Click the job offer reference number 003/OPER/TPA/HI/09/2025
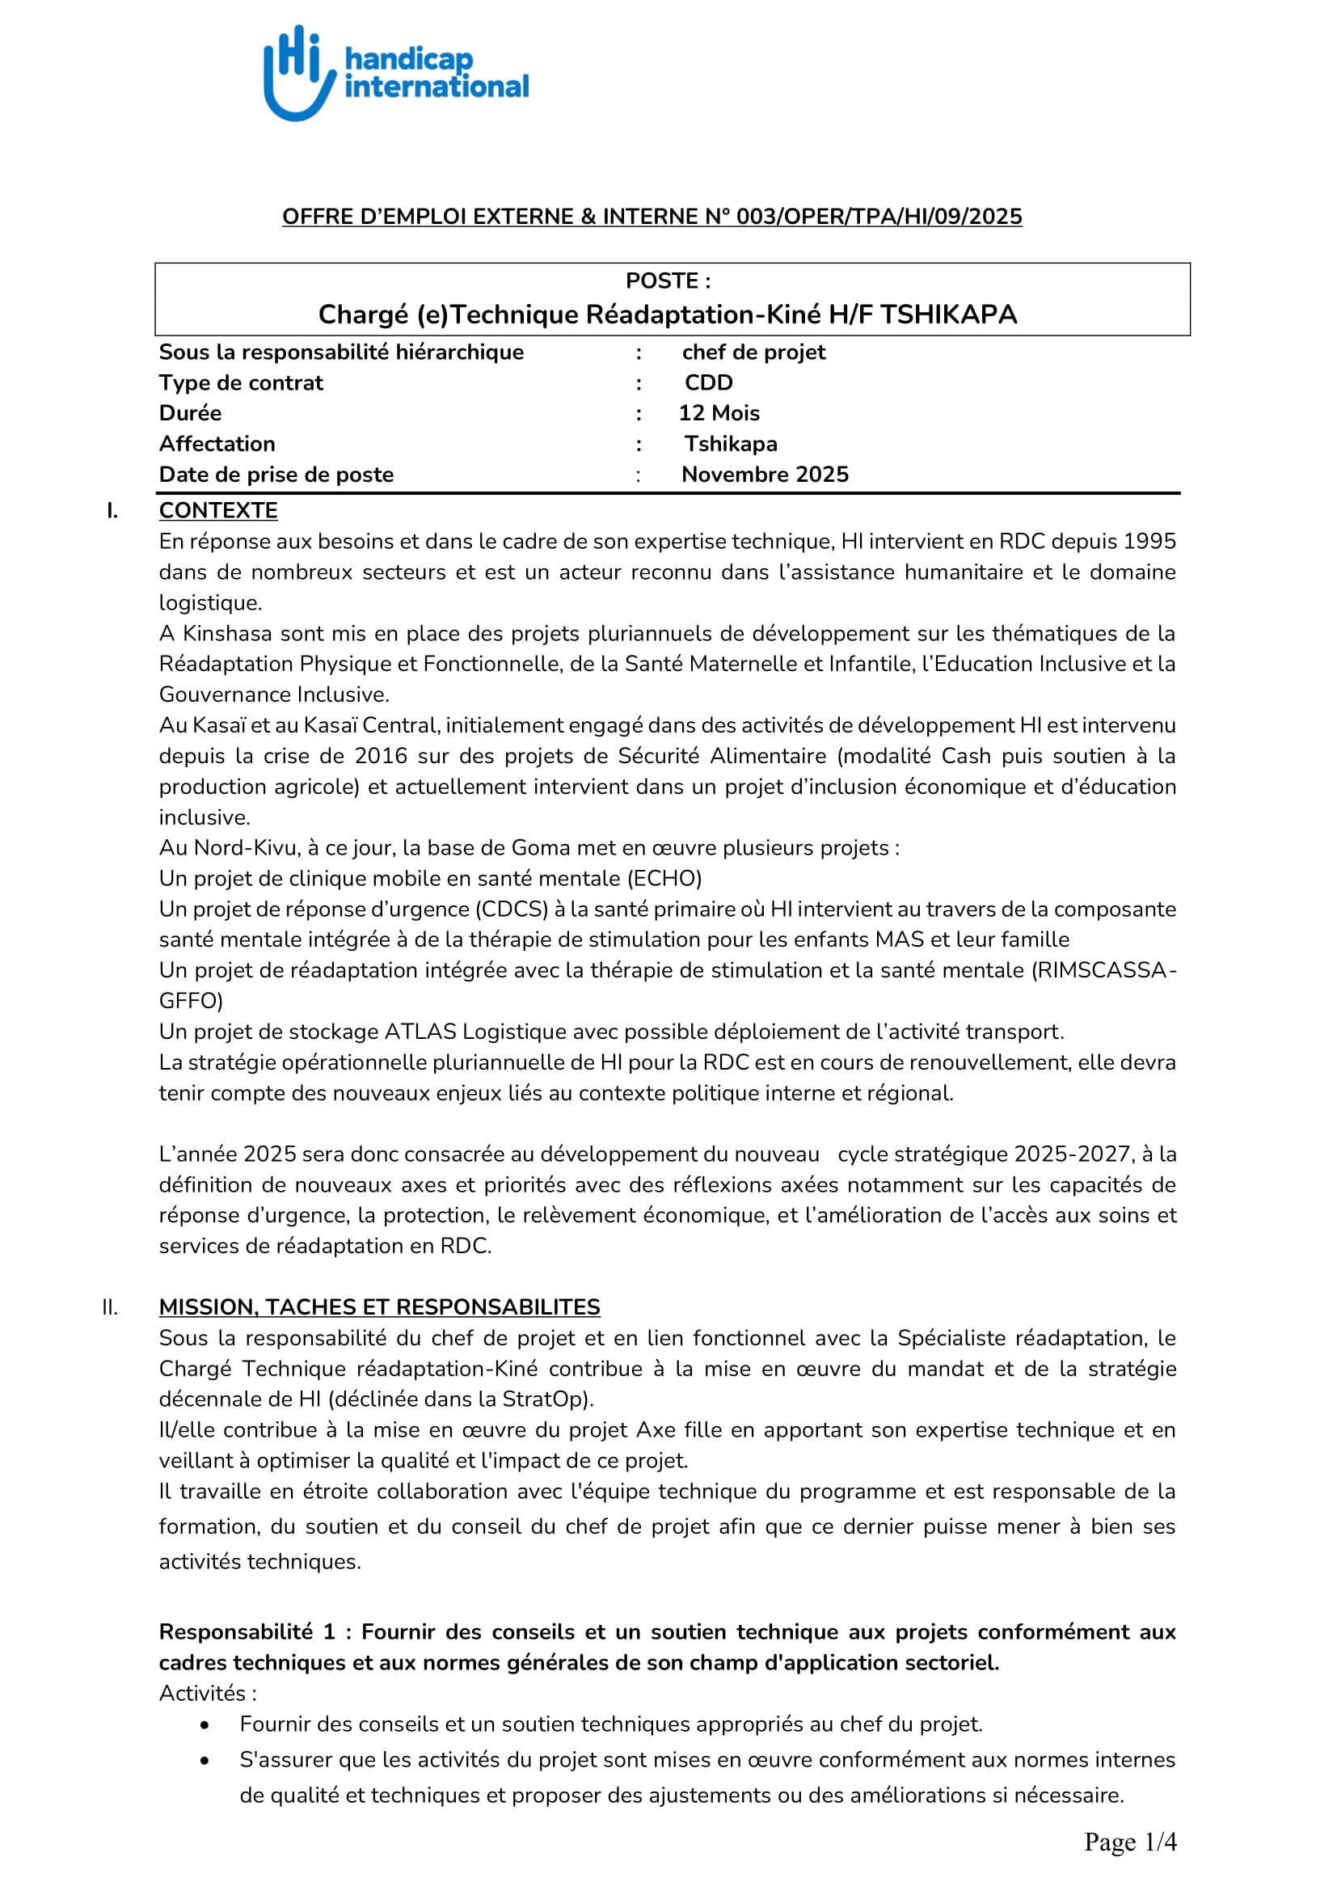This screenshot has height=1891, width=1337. click(879, 217)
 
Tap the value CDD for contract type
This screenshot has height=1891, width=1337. click(708, 383)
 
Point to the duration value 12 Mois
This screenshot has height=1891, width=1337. click(719, 413)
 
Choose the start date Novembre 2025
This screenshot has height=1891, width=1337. click(765, 475)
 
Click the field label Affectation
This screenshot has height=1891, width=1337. click(217, 444)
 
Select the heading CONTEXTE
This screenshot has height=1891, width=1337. click(218, 511)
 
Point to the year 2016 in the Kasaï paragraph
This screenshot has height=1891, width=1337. click(382, 756)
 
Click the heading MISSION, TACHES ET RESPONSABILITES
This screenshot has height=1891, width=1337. click(380, 1307)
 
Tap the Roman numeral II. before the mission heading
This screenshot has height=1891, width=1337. click(109, 1307)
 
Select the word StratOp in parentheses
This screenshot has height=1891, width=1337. click(556, 1399)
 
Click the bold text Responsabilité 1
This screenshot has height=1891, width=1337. click(247, 1632)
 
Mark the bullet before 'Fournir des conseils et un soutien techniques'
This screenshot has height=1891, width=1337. click(205, 1724)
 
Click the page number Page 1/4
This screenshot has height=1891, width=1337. click(1130, 1842)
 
